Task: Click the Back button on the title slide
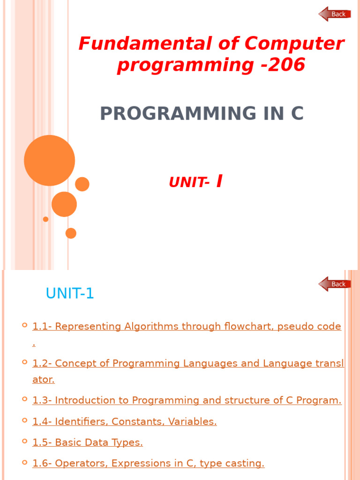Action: click(x=335, y=14)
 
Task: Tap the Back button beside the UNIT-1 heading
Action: click(x=335, y=284)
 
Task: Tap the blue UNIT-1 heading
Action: click(x=70, y=294)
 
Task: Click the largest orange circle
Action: click(x=49, y=160)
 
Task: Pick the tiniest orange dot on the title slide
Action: click(x=45, y=219)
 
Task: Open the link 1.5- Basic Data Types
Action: click(x=87, y=442)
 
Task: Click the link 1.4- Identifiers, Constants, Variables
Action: click(x=124, y=421)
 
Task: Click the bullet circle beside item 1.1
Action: click(x=24, y=325)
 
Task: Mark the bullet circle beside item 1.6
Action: click(x=24, y=462)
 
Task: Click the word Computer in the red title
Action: click(x=294, y=44)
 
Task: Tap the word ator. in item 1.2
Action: click(x=44, y=380)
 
